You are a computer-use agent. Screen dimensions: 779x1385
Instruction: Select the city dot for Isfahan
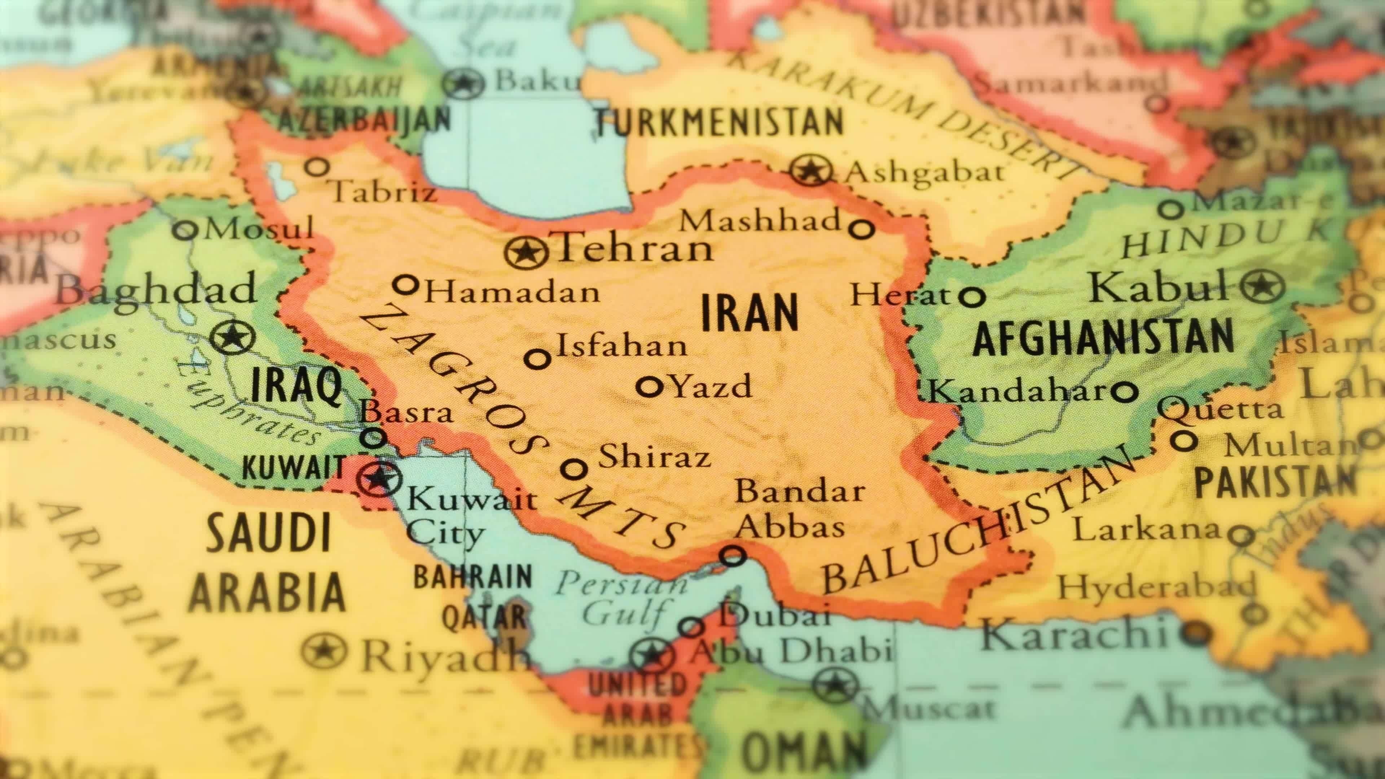click(537, 358)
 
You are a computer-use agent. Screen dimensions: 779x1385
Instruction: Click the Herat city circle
click(973, 296)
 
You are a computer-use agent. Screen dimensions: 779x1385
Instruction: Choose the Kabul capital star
click(1262, 286)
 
